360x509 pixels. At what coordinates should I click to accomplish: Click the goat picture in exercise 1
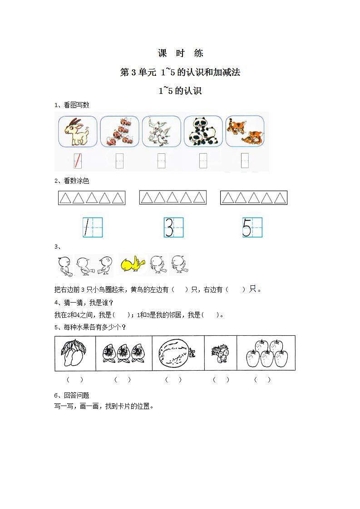(x=78, y=132)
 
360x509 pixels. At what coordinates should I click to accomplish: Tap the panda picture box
(x=203, y=132)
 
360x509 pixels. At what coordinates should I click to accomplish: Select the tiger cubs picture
(x=245, y=132)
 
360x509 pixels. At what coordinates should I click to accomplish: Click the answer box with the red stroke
(x=78, y=161)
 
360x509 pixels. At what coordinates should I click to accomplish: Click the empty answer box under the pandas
(x=203, y=161)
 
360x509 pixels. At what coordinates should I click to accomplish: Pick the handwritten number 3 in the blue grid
(x=174, y=227)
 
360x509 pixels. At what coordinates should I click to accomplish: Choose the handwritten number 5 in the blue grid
(x=252, y=227)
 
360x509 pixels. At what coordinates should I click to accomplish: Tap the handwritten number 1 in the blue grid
(x=93, y=227)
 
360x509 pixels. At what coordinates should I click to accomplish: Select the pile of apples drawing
(x=266, y=353)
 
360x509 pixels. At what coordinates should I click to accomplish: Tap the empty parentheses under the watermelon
(x=173, y=380)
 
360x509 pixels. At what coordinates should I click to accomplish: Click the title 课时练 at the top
(x=180, y=54)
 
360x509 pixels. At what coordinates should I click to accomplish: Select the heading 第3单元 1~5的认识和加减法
(x=180, y=73)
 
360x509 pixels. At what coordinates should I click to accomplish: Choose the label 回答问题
(x=76, y=396)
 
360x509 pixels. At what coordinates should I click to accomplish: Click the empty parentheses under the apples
(x=262, y=380)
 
